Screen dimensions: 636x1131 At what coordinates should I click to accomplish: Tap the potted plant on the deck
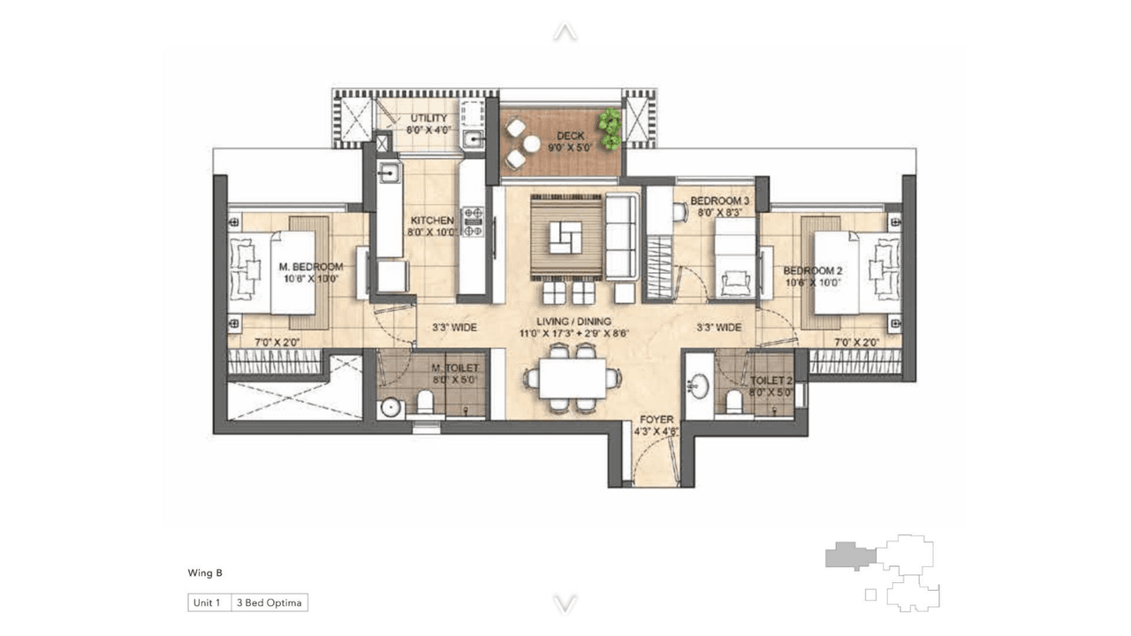click(609, 129)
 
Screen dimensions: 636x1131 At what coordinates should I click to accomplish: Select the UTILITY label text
click(428, 118)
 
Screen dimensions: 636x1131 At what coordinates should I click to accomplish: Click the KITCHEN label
click(432, 220)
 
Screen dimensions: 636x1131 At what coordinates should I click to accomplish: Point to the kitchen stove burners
click(474, 222)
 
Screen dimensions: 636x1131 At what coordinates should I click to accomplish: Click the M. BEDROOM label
click(310, 267)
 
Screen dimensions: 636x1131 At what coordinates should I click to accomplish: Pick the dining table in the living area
click(573, 377)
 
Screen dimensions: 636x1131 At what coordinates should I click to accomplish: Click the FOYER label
click(657, 420)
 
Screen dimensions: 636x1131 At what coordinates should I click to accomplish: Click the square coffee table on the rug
click(565, 235)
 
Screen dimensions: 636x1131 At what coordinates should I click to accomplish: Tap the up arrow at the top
click(565, 33)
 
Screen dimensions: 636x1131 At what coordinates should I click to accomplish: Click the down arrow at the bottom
click(565, 603)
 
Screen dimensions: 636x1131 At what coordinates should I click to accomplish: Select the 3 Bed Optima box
click(269, 603)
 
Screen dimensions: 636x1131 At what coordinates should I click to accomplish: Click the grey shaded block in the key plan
click(848, 556)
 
